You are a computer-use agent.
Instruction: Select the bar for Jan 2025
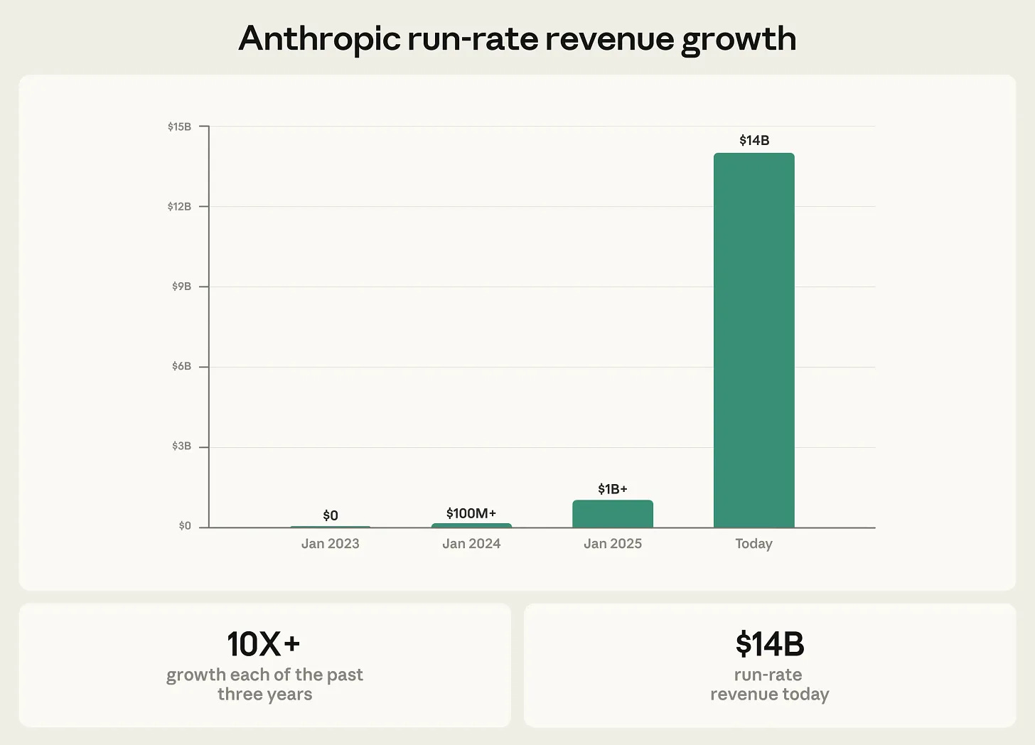[612, 514]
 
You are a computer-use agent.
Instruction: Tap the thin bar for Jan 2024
[471, 525]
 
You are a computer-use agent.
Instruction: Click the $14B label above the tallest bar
[754, 141]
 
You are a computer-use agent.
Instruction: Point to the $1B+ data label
[612, 489]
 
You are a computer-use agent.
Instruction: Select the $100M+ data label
[471, 513]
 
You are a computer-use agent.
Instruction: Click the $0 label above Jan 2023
[330, 515]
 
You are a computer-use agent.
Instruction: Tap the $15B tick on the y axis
[179, 127]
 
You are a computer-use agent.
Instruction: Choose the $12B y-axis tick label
[179, 207]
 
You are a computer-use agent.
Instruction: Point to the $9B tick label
[181, 286]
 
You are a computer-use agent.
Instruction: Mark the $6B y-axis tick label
[181, 366]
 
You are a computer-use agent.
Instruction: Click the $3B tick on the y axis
[181, 446]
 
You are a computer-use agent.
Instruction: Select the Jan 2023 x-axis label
[330, 544]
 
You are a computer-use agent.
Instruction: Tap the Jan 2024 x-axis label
[471, 544]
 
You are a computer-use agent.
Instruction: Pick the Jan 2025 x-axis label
[612, 544]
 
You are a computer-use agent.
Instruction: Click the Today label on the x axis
[754, 544]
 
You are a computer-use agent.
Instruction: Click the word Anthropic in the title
[319, 39]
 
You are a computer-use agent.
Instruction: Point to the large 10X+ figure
[264, 644]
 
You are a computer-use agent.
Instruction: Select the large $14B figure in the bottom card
[769, 644]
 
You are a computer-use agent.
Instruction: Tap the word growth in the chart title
[739, 41]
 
